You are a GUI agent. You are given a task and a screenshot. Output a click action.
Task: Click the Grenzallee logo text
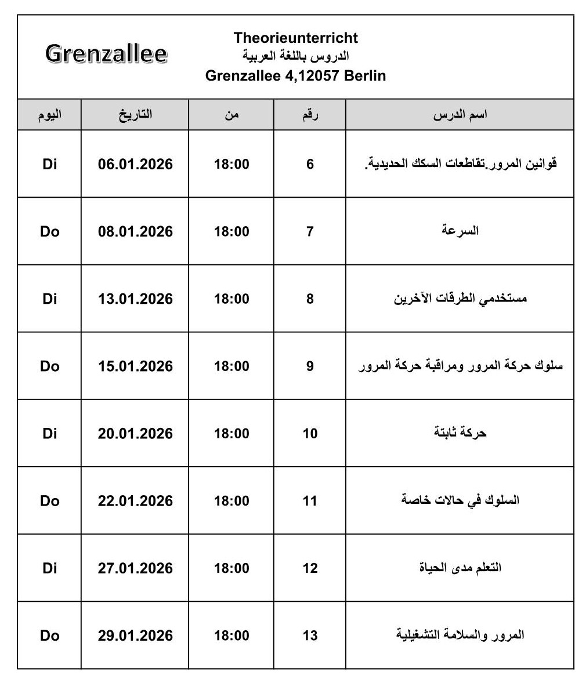coord(106,54)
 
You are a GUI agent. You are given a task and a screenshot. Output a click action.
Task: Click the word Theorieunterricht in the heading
coord(296,38)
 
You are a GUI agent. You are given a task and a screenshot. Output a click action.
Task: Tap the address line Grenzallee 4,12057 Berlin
coord(296,76)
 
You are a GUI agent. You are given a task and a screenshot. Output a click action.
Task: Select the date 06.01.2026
coord(135,164)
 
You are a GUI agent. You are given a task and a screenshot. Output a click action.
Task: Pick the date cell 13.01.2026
coord(135,299)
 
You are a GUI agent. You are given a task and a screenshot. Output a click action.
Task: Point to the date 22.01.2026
coord(135,501)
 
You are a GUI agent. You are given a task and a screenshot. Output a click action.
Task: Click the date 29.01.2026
coord(135,635)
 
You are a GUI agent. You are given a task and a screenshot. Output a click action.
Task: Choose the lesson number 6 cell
coord(310,164)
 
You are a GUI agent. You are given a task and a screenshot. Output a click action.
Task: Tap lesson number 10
coord(310,434)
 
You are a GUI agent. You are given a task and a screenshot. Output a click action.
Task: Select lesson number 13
coord(310,635)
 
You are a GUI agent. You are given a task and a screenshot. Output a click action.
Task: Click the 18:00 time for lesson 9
coord(232,366)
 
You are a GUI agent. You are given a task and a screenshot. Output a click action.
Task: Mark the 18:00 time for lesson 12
coord(232,568)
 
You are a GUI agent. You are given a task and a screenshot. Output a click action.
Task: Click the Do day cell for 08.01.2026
coord(50,231)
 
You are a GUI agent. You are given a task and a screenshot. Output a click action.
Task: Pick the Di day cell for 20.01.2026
coord(50,434)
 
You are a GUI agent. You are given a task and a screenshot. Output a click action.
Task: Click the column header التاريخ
coord(135,114)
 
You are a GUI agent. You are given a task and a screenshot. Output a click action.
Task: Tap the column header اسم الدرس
coord(460,114)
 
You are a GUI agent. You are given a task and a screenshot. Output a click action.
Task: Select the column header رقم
coord(310,114)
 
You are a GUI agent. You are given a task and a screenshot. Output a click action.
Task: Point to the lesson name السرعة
coord(460,231)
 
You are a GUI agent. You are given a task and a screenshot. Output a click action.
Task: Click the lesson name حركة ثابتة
coord(460,433)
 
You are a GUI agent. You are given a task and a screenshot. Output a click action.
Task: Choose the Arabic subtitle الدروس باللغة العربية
coord(296,57)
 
